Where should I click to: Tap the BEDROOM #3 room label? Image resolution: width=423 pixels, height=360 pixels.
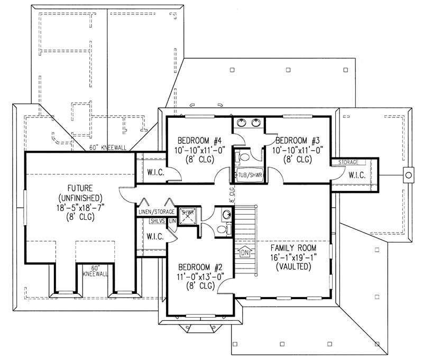(x=298, y=141)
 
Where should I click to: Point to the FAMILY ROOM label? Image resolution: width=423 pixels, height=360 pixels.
(x=293, y=248)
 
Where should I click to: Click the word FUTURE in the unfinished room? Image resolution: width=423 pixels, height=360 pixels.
(x=80, y=188)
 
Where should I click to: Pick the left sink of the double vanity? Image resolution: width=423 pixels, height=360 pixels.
(x=242, y=123)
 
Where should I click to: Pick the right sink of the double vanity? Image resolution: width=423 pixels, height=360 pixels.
(x=256, y=123)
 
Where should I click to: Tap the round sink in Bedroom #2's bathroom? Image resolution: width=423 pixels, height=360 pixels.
(x=226, y=214)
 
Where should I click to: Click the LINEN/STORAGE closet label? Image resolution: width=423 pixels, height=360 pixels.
(x=156, y=212)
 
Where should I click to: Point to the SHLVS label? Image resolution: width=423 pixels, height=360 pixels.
(x=157, y=221)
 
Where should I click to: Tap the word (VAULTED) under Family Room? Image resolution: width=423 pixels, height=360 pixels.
(x=293, y=267)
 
